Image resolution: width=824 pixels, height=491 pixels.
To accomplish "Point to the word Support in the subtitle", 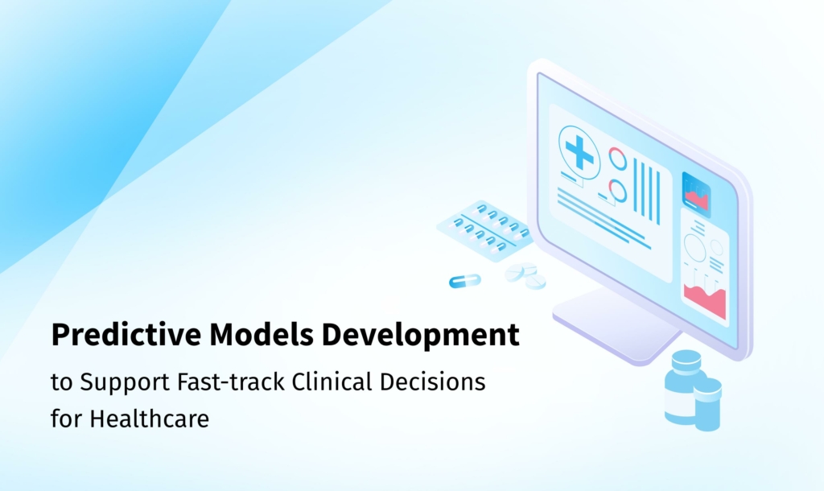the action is [x=125, y=382].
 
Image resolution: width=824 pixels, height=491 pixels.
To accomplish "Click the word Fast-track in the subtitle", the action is [x=231, y=382].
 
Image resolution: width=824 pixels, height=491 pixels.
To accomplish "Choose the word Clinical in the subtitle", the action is [x=332, y=382].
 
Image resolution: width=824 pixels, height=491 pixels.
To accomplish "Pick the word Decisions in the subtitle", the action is [x=432, y=382].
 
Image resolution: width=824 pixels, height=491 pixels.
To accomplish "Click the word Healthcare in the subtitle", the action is [x=149, y=419].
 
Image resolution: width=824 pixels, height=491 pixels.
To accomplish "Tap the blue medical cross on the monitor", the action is [x=580, y=152].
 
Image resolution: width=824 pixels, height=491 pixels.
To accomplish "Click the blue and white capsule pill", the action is [x=465, y=281].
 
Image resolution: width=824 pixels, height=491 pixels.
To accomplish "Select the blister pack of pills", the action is [x=484, y=230].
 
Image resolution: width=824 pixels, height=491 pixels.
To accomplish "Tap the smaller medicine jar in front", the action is [x=707, y=404].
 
